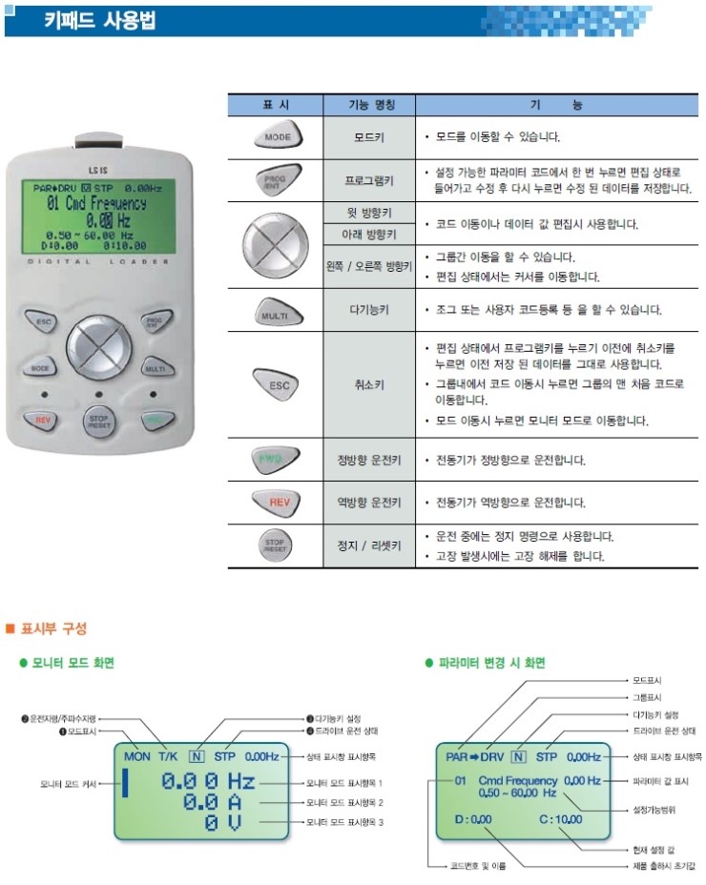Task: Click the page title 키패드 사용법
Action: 100,20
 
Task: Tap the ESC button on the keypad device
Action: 43,323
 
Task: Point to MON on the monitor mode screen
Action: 137,756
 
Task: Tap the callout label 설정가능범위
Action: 654,812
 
